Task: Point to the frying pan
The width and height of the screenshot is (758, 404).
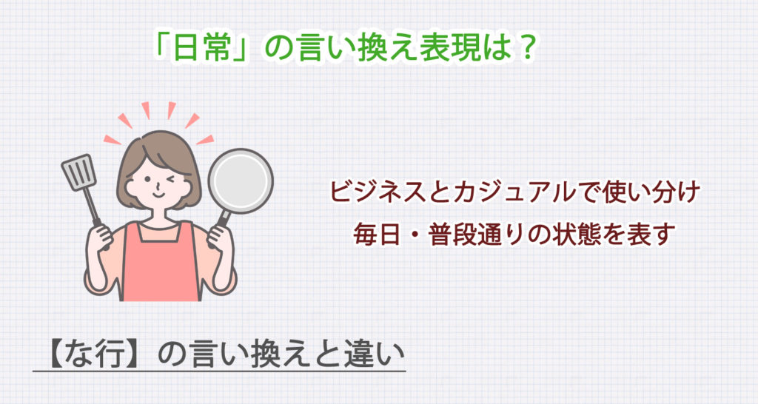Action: [x=240, y=181]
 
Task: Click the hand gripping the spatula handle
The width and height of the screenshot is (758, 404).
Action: [x=101, y=236]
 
